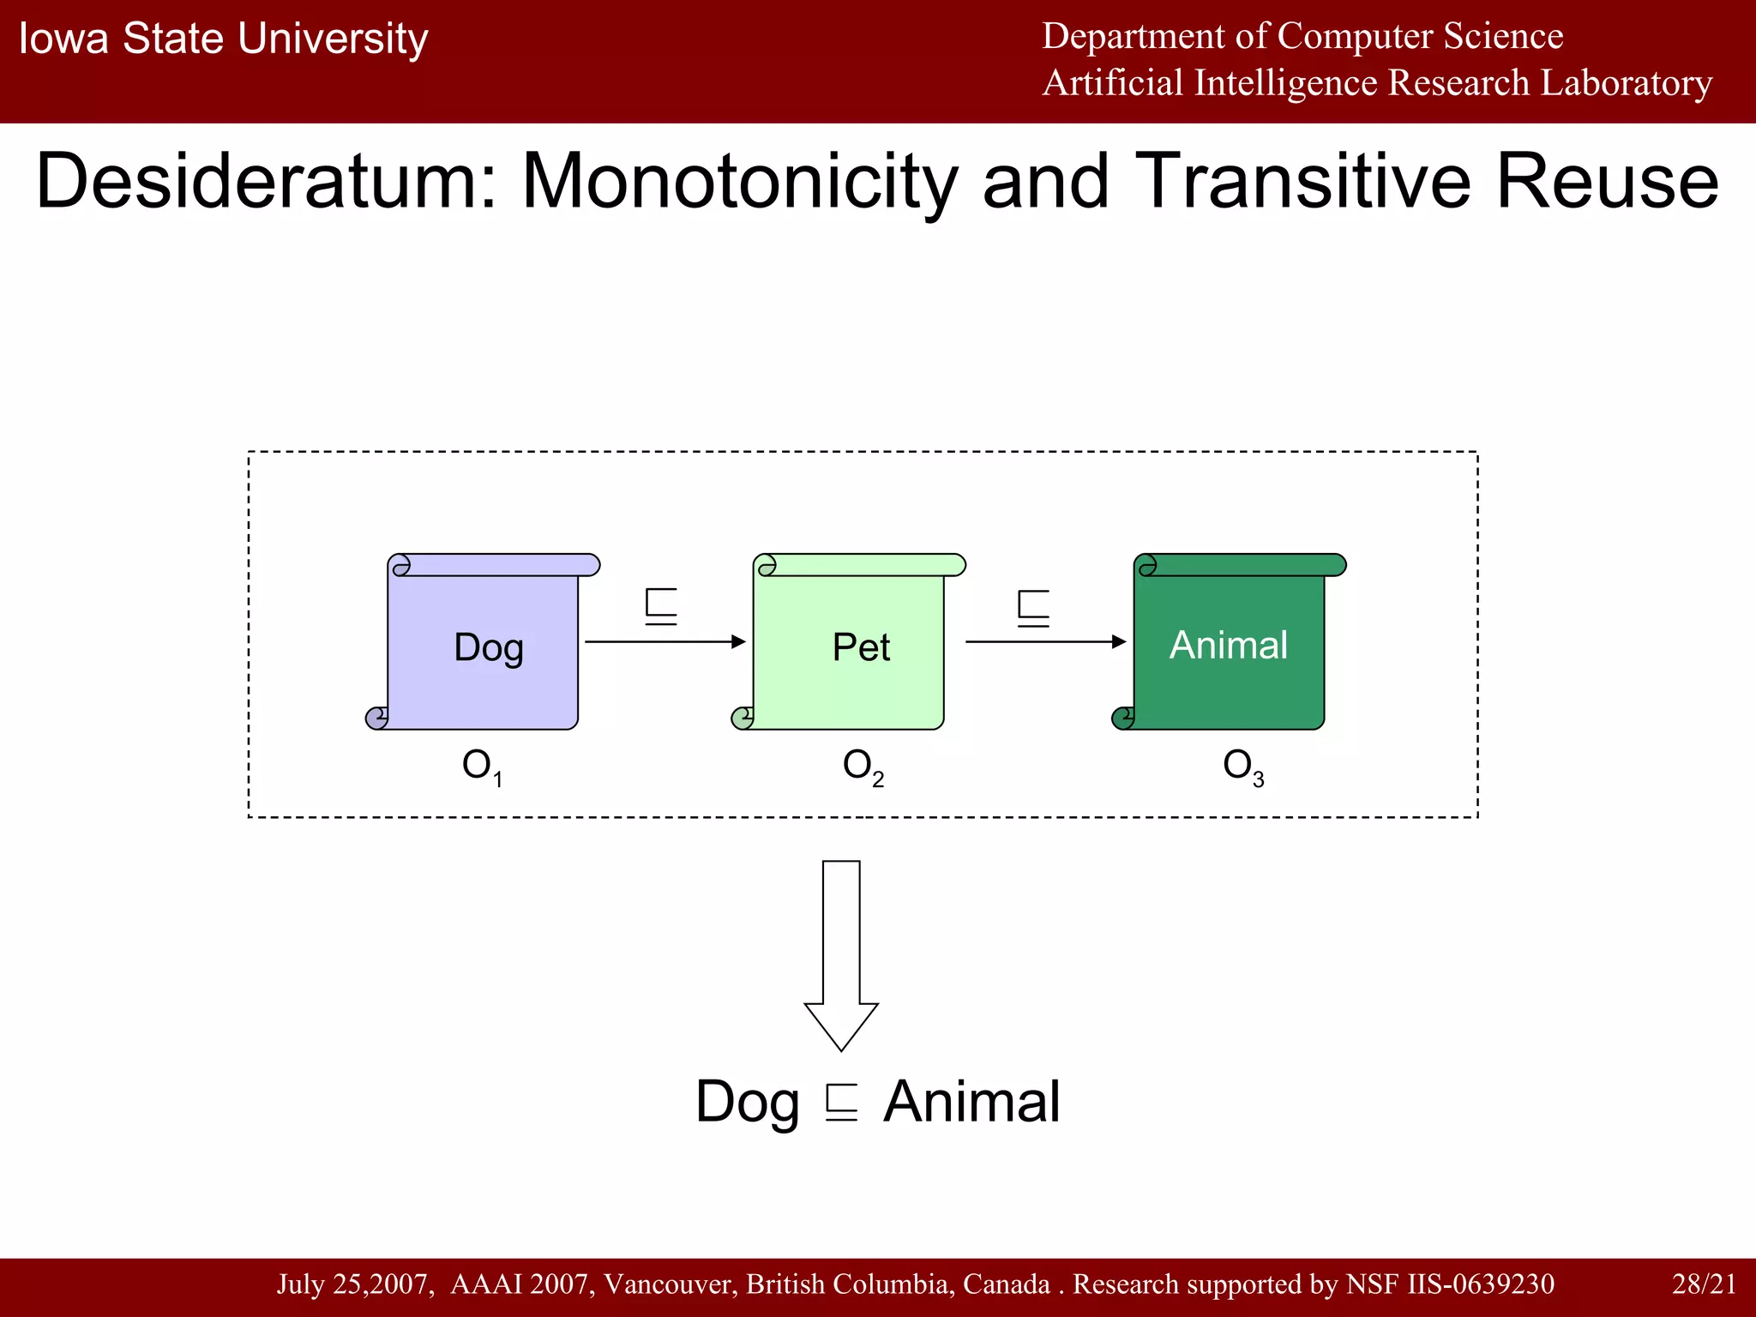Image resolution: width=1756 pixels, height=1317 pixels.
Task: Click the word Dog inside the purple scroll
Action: pos(488,647)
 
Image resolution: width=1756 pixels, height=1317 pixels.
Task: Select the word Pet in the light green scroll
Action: pos(861,647)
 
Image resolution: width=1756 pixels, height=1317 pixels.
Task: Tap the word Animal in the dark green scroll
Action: pos(1228,645)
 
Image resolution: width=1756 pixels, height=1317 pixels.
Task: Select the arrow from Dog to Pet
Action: pos(665,641)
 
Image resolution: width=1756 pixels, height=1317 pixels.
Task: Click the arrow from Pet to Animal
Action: pos(1045,641)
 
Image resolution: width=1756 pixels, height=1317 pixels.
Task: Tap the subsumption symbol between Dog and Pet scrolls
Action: pos(661,607)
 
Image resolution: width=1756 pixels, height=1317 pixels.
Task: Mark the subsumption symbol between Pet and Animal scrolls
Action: pos(1033,608)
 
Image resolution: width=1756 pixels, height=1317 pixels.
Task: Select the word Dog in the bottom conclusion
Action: pos(747,1102)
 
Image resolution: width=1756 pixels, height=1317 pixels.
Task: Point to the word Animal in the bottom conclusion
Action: pos(971,1102)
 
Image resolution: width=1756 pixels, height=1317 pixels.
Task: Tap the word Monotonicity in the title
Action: pos(739,182)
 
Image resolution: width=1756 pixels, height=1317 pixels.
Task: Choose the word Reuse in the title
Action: pos(1607,182)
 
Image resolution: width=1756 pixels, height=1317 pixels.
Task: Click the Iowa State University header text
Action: pos(223,39)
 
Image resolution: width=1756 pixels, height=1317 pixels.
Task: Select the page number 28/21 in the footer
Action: pos(1704,1284)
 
